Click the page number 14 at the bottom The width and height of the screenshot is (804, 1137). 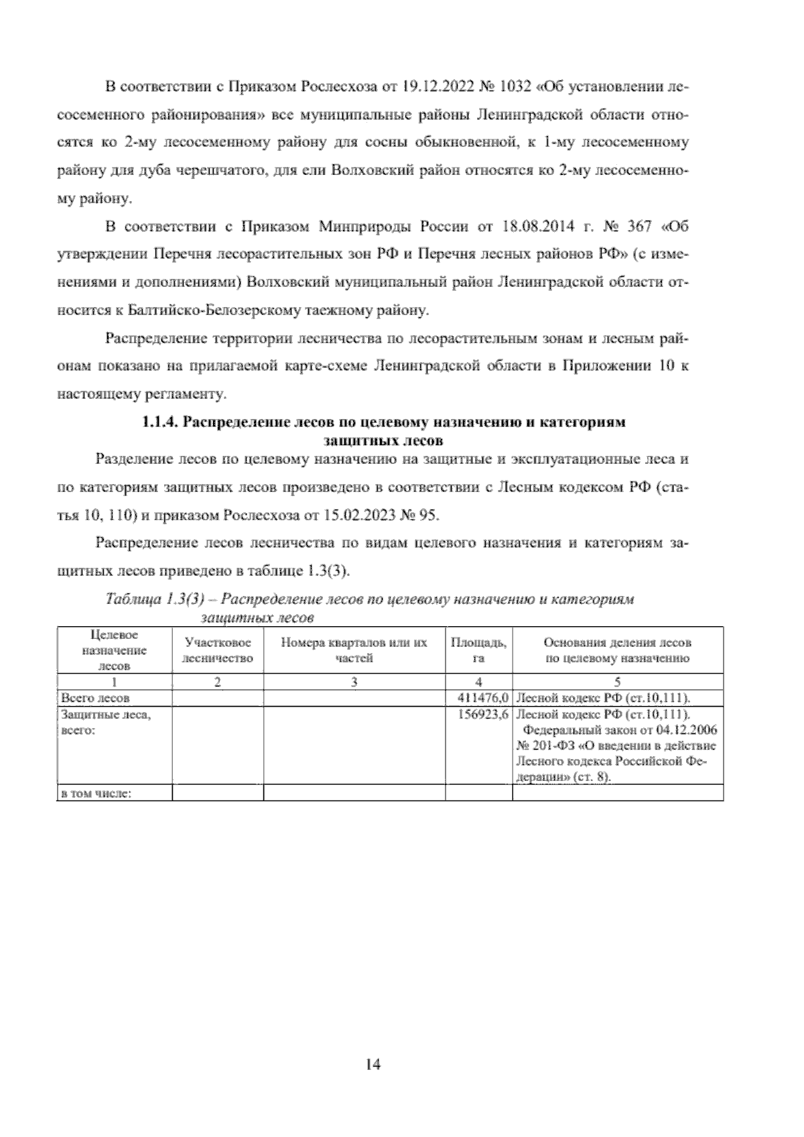(373, 1064)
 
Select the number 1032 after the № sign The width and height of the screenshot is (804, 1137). (514, 87)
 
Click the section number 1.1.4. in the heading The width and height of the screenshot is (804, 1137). (159, 423)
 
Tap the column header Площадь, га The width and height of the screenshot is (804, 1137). (478, 650)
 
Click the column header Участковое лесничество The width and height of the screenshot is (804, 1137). (218, 650)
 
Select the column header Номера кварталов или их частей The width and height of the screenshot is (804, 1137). (354, 650)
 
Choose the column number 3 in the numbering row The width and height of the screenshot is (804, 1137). (354, 683)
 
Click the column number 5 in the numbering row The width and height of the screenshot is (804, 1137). (617, 683)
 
